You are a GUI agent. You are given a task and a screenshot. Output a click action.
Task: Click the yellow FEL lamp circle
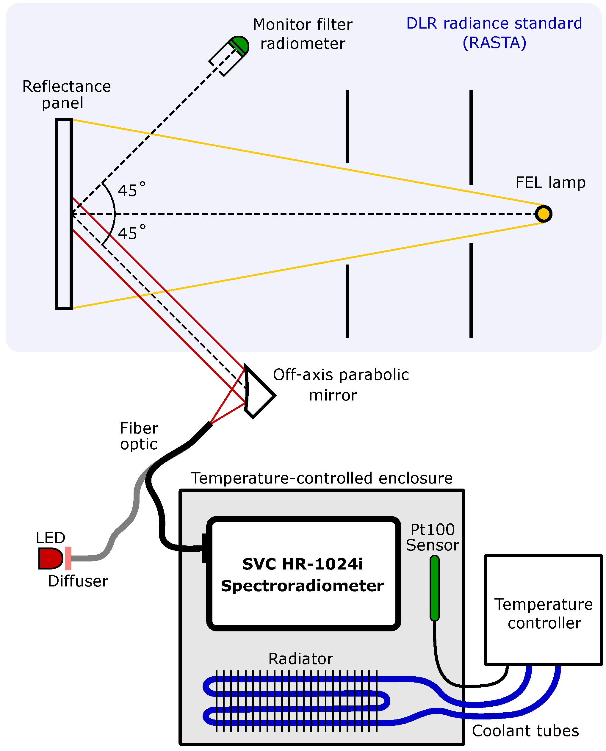pyautogui.click(x=543, y=214)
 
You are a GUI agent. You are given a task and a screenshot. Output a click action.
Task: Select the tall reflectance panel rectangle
pyautogui.click(x=64, y=214)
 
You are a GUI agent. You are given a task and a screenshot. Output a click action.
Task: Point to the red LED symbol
pyautogui.click(x=50, y=558)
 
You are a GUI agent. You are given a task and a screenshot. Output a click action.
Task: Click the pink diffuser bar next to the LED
pyautogui.click(x=68, y=558)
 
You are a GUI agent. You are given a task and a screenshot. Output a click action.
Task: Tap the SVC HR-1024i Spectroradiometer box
pyautogui.click(x=302, y=574)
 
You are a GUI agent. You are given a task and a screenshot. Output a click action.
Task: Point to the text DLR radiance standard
pyautogui.click(x=494, y=24)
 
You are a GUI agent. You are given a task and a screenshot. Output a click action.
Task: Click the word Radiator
pyautogui.click(x=300, y=659)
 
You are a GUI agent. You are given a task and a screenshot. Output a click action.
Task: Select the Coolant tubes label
pyautogui.click(x=525, y=731)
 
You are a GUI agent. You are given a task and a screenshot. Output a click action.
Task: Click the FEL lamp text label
pyautogui.click(x=550, y=182)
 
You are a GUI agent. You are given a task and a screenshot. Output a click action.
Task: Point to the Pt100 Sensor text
pyautogui.click(x=432, y=537)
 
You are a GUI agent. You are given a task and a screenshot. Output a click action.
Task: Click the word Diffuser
pyautogui.click(x=78, y=581)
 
